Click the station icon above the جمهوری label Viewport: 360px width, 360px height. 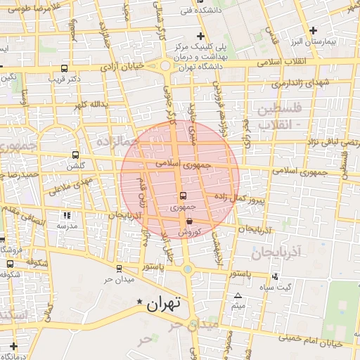184,196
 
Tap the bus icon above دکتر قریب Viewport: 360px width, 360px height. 65,69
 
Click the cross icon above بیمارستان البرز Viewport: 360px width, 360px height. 313,30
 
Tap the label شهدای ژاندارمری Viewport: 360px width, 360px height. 300,84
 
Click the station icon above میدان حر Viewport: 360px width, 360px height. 118,268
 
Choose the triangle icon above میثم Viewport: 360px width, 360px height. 238,295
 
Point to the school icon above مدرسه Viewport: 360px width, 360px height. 66,215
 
